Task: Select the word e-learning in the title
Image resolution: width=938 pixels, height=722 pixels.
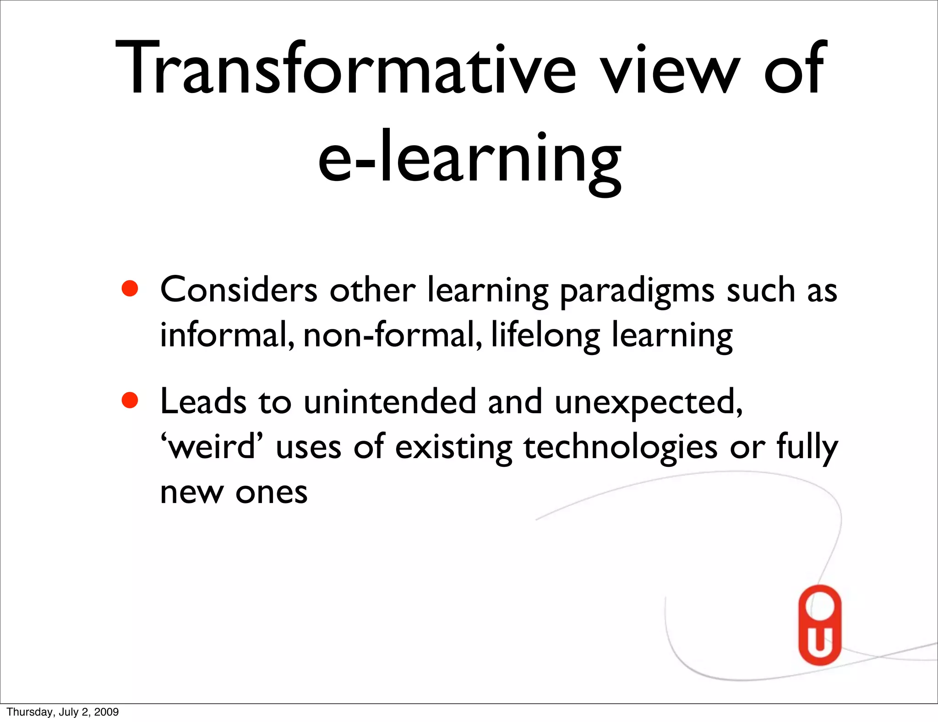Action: point(470,158)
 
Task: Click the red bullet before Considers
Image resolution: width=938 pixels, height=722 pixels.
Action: point(130,289)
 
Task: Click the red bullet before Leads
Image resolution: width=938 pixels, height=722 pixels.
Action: point(130,400)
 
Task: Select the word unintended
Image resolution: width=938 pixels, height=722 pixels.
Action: point(390,402)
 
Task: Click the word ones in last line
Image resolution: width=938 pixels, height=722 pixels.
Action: point(271,493)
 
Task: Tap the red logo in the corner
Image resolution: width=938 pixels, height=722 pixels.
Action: point(820,625)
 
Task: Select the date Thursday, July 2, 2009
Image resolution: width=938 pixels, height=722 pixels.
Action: point(63,712)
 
